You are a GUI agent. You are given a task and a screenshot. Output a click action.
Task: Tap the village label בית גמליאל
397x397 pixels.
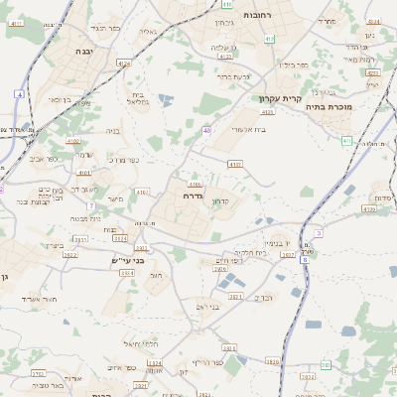tap(138, 99)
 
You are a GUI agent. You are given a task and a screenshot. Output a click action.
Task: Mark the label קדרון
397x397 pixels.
tap(221, 201)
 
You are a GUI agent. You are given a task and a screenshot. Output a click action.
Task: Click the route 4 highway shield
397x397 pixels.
tap(18, 93)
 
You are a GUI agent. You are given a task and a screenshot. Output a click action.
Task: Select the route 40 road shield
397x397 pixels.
tap(206, 130)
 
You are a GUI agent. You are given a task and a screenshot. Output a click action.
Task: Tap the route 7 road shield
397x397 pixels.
tap(89, 205)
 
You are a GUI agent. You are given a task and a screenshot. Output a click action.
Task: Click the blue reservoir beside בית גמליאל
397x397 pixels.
tap(165, 99)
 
